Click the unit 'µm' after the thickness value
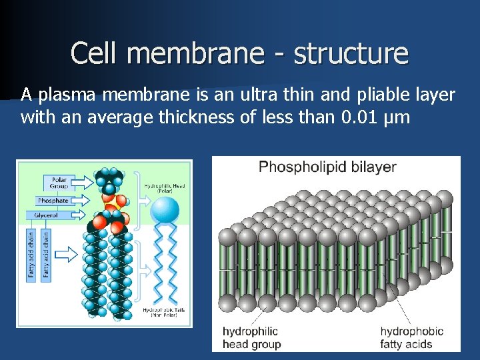click(399, 119)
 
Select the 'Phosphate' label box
click(53, 200)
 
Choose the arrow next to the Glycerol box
click(78, 215)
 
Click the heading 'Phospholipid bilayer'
click(327, 167)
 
